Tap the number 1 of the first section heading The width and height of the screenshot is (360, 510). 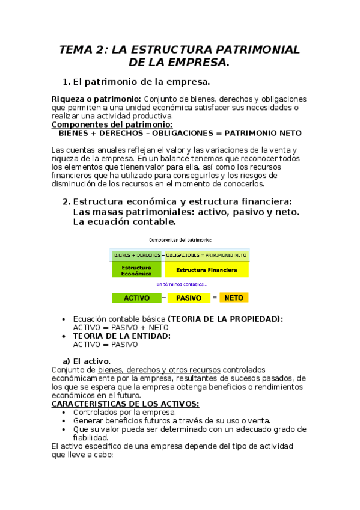click(x=66, y=82)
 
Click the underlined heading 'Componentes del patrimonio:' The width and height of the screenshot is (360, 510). click(x=104, y=124)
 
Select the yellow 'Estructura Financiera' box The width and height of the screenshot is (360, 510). click(x=206, y=270)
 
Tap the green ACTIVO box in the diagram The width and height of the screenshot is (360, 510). click(x=136, y=298)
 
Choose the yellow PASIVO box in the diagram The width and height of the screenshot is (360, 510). click(x=189, y=298)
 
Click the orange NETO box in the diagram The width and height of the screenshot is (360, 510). click(x=234, y=298)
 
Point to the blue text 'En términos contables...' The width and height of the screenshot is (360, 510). click(x=182, y=284)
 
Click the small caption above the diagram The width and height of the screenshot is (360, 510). click(x=179, y=239)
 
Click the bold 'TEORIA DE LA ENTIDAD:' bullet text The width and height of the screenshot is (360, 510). click(x=121, y=336)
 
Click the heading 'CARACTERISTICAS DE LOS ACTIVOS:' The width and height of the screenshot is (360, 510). click(x=126, y=404)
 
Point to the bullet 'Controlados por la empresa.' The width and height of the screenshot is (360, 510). click(x=124, y=413)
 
